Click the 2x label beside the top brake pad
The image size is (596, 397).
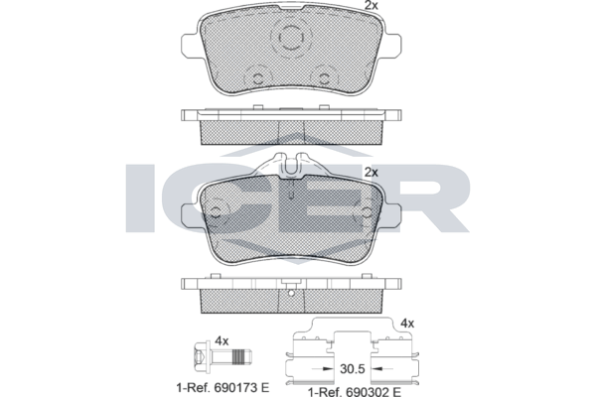coord(371,5)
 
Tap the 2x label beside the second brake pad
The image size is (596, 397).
coord(371,173)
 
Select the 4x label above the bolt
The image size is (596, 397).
coord(222,340)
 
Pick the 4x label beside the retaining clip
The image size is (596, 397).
coord(407,324)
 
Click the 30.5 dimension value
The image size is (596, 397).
coord(352,369)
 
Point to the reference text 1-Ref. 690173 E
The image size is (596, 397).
coord(223,388)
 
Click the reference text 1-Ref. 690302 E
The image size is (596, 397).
coord(355,392)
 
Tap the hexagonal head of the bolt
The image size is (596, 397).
coord(202,357)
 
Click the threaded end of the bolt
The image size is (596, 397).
coord(241,357)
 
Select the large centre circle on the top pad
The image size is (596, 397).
coord(291,37)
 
